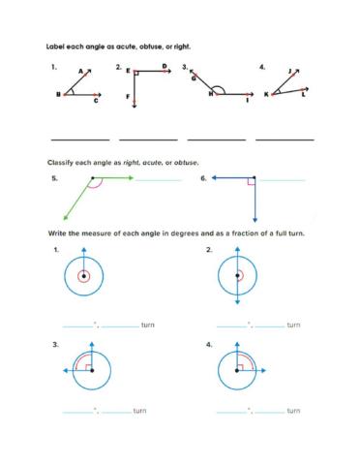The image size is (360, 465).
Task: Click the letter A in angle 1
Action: (x=81, y=71)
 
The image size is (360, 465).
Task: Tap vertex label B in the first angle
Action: (x=59, y=94)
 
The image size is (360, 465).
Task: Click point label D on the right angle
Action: (x=165, y=66)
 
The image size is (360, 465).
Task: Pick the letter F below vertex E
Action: (x=128, y=98)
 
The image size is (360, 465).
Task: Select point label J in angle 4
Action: (x=290, y=71)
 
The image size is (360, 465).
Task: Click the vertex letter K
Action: (x=266, y=95)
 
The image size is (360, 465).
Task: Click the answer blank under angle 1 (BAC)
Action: (x=79, y=139)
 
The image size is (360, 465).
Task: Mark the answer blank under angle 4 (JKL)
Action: (x=285, y=139)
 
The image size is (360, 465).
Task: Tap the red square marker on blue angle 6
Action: (x=251, y=181)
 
